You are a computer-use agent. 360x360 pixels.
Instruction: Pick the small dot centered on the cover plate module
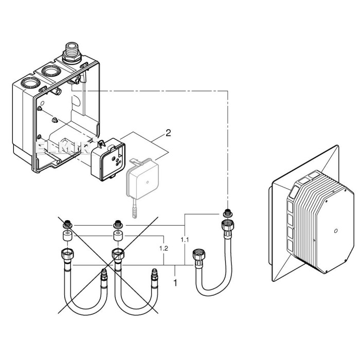335,231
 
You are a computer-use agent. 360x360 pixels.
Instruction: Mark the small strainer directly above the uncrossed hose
226,211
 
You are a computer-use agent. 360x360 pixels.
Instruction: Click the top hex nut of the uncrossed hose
226,225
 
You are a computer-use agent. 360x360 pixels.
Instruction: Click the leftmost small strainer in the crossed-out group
67,225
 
